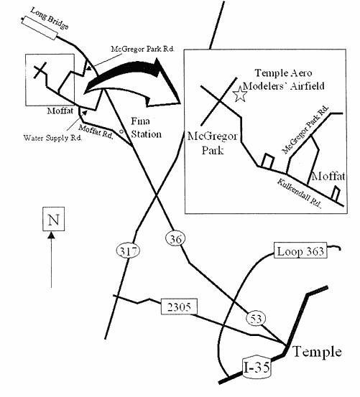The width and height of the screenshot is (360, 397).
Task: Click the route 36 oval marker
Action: coord(175,238)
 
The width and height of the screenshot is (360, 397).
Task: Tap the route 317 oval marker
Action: coord(128,251)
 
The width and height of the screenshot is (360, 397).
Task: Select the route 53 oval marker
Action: coord(256,319)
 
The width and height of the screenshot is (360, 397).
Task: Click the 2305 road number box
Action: coord(179,307)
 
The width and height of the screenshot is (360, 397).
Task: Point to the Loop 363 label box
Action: coord(300,251)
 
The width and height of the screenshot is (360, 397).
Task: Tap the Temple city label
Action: coord(317,352)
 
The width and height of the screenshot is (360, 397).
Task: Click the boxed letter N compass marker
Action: coord(53,219)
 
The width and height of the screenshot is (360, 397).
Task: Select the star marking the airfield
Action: coord(240,94)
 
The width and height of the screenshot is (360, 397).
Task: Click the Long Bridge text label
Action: coord(50,18)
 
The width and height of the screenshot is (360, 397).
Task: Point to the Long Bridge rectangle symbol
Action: coord(39,28)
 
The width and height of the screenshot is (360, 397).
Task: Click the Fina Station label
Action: coord(146,128)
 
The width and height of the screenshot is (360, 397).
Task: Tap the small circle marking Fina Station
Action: coord(121,131)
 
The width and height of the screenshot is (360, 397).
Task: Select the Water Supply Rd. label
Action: coord(52,138)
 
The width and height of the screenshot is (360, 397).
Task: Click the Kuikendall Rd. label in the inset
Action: coord(299,194)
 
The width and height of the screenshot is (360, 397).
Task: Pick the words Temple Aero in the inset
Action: coord(283,73)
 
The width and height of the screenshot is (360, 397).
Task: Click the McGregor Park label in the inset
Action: coord(212,144)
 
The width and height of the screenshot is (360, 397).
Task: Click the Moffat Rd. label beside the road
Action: coord(96,131)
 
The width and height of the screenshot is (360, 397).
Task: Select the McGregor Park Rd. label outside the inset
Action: coord(143,49)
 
